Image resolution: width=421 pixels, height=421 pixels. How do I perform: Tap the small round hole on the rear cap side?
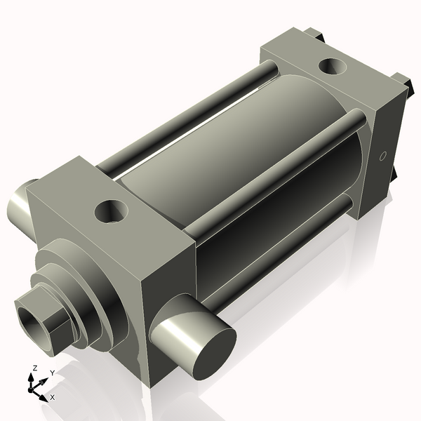(382, 156)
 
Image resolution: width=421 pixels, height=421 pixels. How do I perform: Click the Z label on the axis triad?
(33, 368)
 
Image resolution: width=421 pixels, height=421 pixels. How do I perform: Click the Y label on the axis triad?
(52, 373)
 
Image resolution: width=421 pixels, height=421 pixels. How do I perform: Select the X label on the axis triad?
(52, 397)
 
